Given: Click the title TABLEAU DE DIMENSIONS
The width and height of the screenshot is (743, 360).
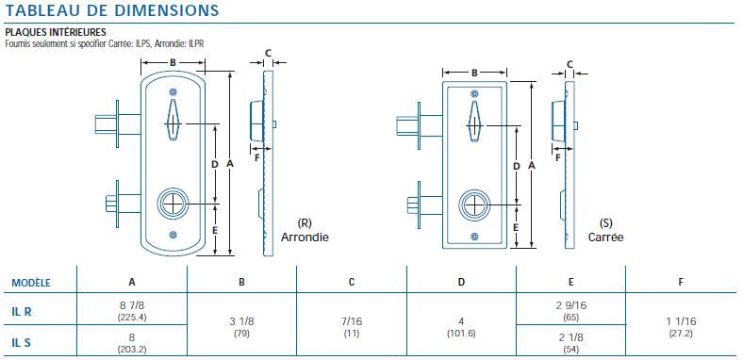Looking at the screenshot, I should (x=112, y=10).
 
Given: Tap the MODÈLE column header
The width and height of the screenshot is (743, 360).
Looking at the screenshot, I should (x=31, y=282).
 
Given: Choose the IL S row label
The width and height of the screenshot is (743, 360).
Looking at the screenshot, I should (x=22, y=342).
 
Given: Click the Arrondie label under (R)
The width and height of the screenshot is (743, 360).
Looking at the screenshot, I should (x=305, y=237).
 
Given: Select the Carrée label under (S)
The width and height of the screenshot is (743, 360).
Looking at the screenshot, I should (x=606, y=237).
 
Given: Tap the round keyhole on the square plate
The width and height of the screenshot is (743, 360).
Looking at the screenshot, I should (x=474, y=204).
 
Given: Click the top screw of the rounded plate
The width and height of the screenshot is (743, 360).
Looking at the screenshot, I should (x=173, y=91).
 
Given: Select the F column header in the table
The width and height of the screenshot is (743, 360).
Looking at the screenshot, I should (x=681, y=282).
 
